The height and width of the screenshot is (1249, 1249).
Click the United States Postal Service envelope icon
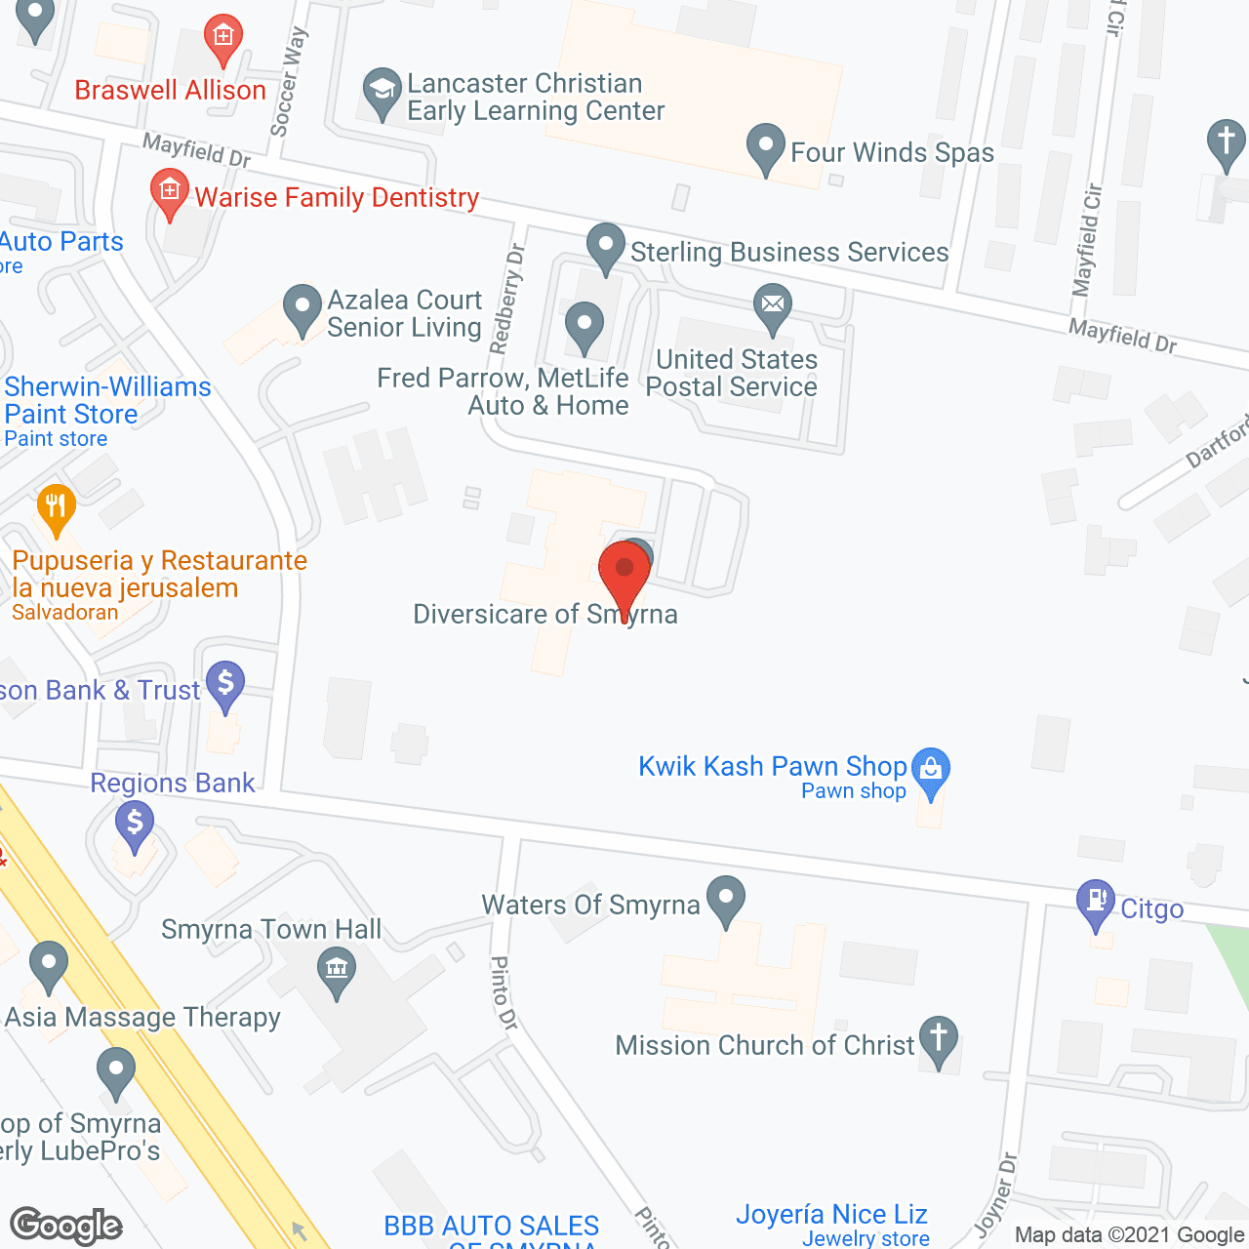(772, 303)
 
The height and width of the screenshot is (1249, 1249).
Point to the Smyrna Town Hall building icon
(337, 970)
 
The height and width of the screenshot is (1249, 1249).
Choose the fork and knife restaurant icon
(56, 506)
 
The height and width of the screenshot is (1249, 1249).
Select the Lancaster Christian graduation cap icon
(382, 90)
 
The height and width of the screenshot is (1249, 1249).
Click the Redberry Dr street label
(507, 299)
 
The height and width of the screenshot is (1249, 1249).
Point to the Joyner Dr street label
(996, 1193)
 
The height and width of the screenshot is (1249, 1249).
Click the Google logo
(66, 1226)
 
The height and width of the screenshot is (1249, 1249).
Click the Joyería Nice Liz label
(831, 1215)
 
